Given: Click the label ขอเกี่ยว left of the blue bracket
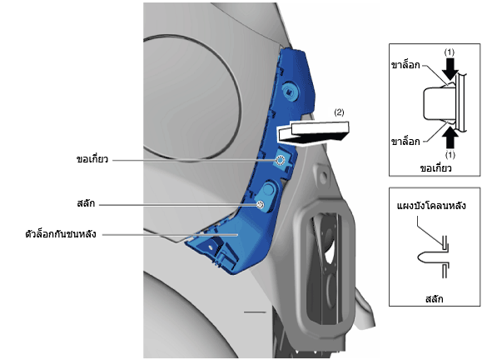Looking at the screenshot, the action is click(x=92, y=159).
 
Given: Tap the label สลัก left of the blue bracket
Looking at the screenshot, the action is click(x=86, y=203).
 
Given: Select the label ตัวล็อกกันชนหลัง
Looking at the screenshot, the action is click(x=61, y=234).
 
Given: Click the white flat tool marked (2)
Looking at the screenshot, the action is click(x=314, y=132).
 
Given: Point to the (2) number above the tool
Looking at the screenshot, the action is click(x=339, y=112).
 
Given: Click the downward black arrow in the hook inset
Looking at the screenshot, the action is click(x=450, y=69).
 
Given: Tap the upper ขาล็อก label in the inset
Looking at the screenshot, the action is click(x=405, y=65).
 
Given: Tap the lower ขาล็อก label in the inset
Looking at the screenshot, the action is click(x=405, y=142).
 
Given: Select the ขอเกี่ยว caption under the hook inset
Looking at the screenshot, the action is click(x=435, y=168).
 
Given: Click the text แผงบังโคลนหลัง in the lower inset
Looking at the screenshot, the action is click(x=431, y=206).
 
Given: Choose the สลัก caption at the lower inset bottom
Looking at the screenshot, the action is click(x=435, y=299).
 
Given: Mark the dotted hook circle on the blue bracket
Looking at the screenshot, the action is click(x=281, y=160).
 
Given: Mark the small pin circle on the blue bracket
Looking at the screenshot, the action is click(x=261, y=205).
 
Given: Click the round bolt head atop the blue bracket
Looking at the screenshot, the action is click(x=291, y=90).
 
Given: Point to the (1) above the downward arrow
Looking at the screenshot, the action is click(x=449, y=52).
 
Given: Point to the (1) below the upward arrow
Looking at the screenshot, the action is click(x=450, y=154).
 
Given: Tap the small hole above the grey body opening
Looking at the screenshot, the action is click(x=323, y=177).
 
